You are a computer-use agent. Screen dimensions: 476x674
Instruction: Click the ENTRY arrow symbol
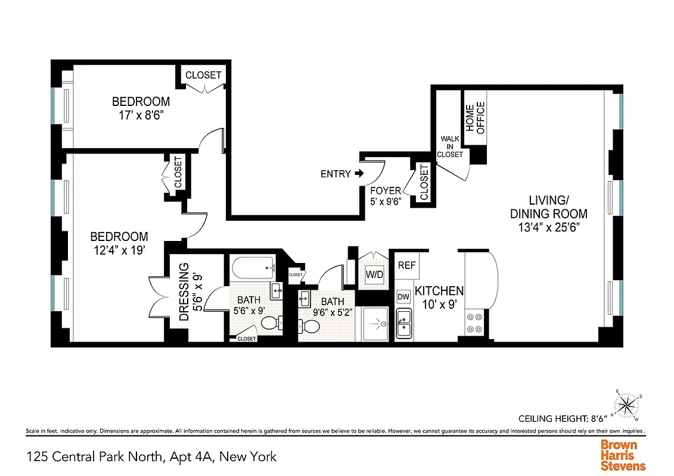(359, 174)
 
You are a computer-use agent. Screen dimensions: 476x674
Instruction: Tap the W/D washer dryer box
(374, 275)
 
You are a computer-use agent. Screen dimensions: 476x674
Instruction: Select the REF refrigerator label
(406, 265)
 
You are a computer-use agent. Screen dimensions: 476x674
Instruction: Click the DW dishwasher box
(403, 296)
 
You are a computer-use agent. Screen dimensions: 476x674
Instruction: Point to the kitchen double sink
(404, 324)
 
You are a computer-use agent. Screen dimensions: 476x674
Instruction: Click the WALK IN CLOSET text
(450, 146)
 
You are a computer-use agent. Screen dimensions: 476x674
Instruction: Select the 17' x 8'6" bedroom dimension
(141, 115)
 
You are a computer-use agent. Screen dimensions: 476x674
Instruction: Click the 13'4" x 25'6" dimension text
(548, 227)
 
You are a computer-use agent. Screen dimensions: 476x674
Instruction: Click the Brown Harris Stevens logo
(623, 455)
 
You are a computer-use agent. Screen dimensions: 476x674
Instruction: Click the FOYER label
(386, 191)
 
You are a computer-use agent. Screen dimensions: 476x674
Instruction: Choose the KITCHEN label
(439, 291)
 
